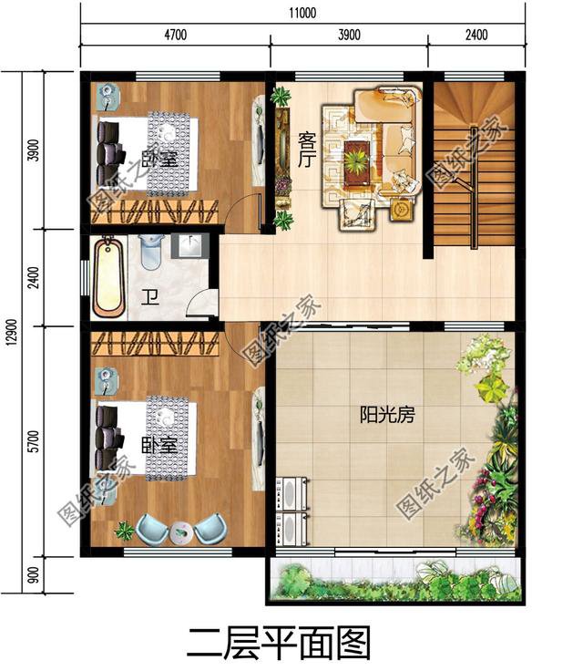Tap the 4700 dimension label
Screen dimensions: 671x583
(175, 36)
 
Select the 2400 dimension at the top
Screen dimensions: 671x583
(476, 36)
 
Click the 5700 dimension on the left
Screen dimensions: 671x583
(34, 442)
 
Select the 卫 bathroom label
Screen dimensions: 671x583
(148, 297)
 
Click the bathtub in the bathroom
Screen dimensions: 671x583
(109, 275)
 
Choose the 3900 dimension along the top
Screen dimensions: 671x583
(350, 36)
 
